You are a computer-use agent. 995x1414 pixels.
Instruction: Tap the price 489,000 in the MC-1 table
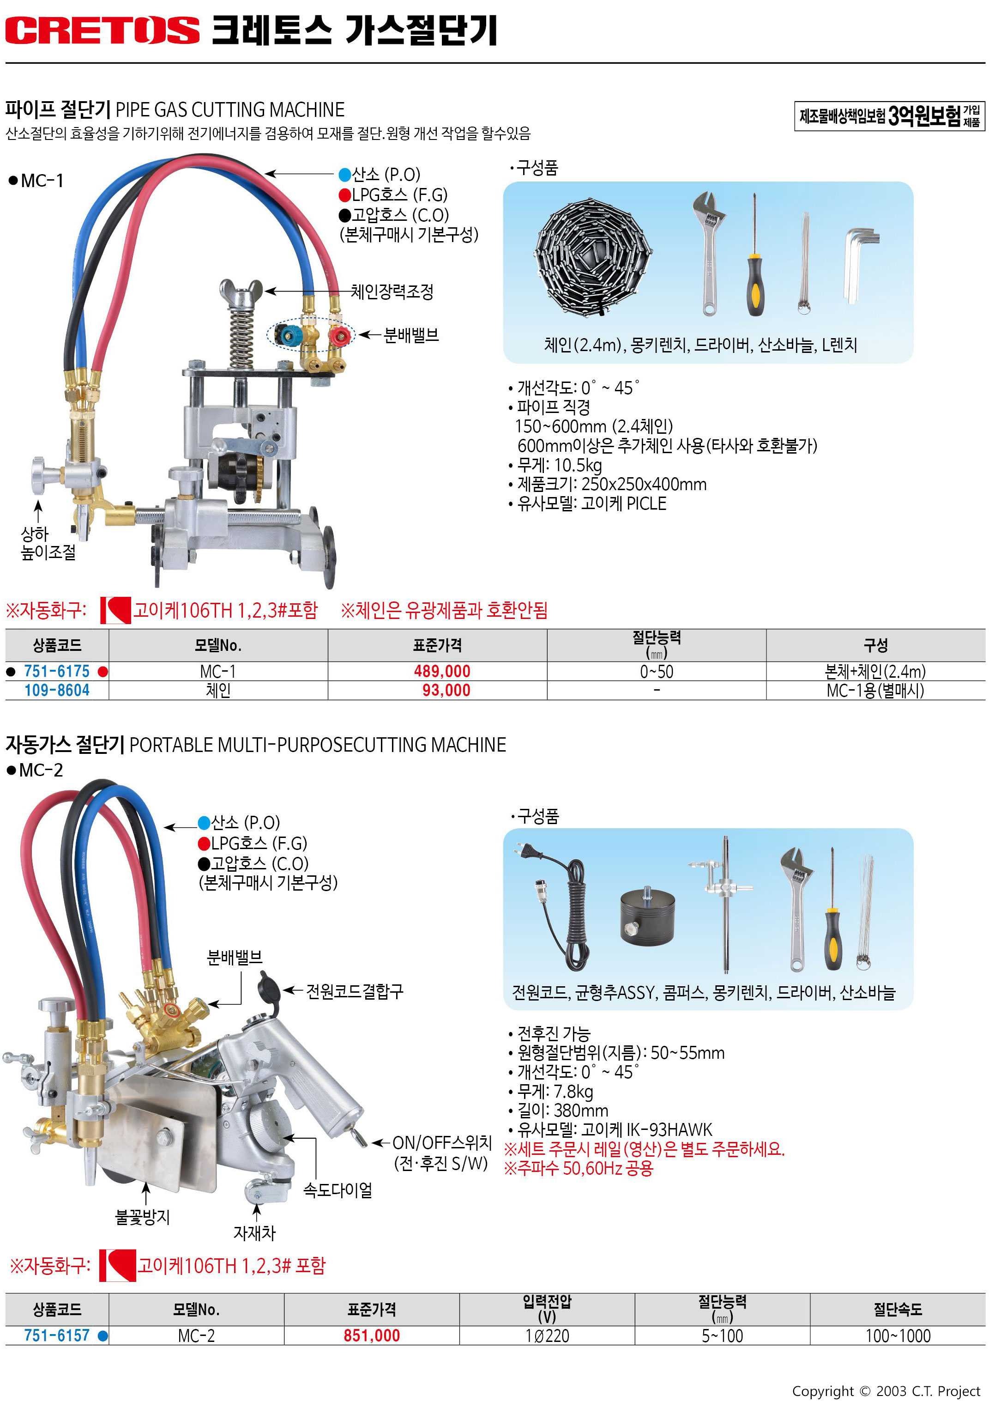pos(442,671)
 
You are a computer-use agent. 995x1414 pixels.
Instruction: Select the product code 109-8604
pos(57,691)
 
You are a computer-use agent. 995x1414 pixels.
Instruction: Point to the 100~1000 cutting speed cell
pos(898,1336)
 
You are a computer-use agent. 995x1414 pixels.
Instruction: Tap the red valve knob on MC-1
pos(339,336)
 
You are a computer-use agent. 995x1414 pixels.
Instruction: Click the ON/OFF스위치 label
pos(442,1142)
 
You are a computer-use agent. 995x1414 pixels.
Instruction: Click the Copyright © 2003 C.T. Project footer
pos(886,1391)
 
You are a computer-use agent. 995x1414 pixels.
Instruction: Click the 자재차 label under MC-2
pos(254,1232)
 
